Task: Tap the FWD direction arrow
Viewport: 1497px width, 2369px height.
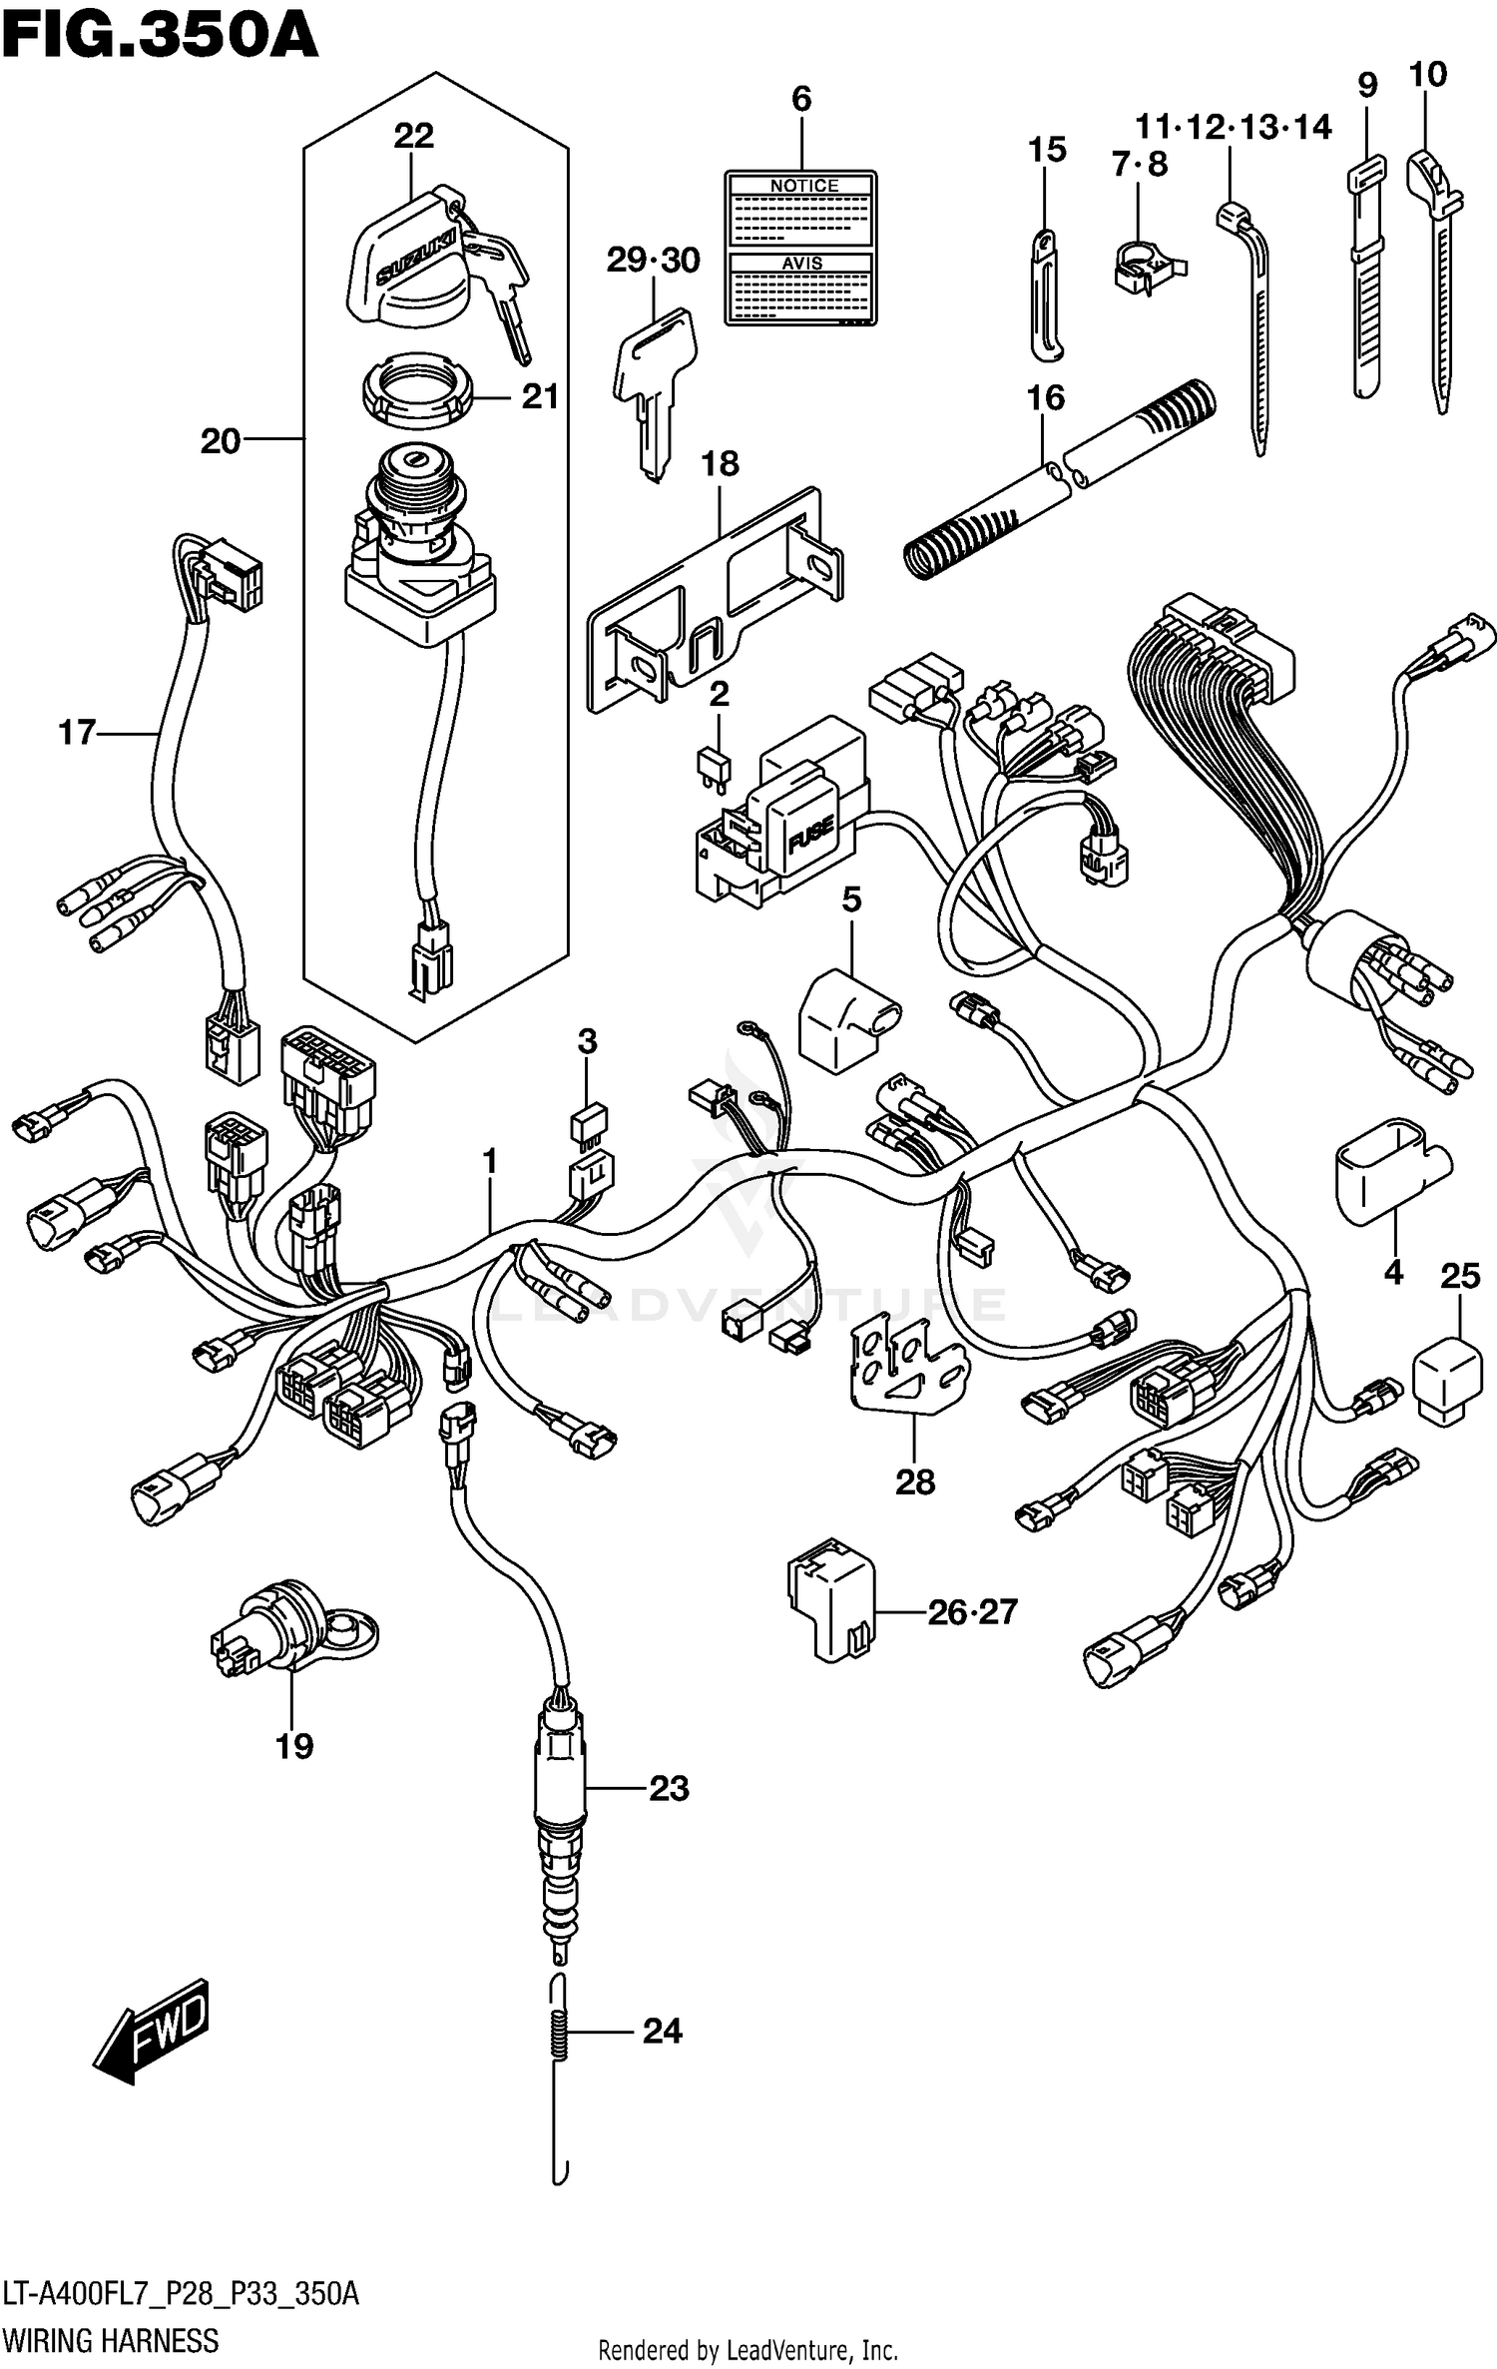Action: click(153, 2032)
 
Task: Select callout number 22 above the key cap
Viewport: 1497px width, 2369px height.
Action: click(413, 136)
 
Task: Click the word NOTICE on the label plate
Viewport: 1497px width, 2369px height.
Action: click(803, 186)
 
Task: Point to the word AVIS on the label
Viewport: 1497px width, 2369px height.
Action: click(801, 263)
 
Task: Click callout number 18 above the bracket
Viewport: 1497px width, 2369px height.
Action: click(720, 464)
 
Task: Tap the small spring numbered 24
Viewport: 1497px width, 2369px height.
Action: click(561, 2032)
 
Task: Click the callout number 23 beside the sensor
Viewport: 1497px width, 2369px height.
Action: click(669, 1789)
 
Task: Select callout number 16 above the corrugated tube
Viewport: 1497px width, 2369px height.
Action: click(1045, 398)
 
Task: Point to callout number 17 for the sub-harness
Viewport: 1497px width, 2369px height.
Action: click(77, 733)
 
